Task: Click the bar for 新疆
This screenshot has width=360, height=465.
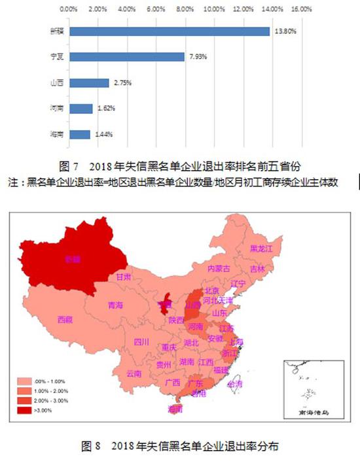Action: tap(169, 31)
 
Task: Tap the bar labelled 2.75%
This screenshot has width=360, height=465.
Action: tap(88, 82)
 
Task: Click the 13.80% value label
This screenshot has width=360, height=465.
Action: tap(284, 31)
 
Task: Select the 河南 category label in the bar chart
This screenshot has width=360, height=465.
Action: tap(56, 109)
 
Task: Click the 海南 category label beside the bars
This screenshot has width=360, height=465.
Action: tap(56, 134)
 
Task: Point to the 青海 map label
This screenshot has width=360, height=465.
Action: tap(115, 304)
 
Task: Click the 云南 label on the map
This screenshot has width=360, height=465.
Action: tap(134, 373)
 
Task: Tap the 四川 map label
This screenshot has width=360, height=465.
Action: tap(141, 341)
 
